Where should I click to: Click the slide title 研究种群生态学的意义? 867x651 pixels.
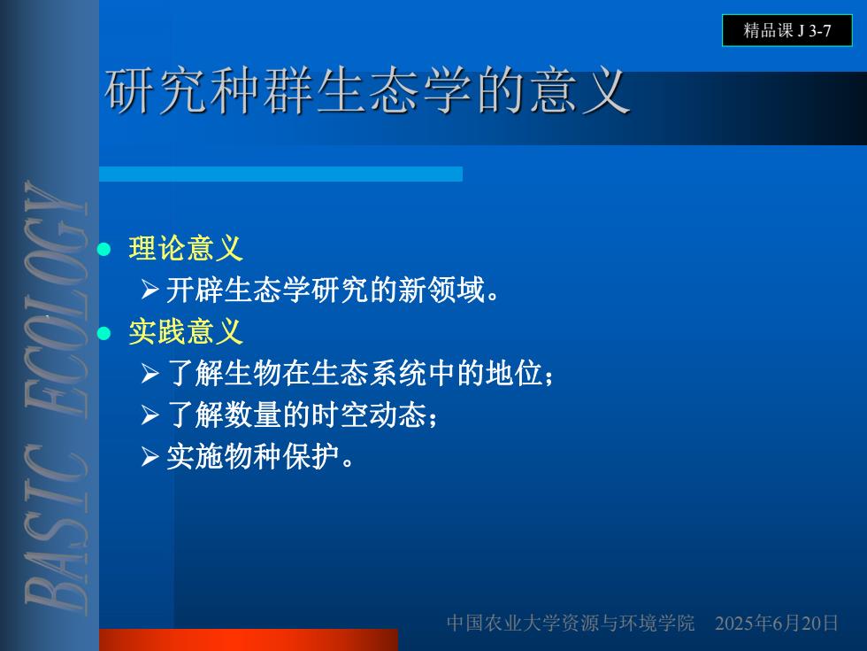coord(367,90)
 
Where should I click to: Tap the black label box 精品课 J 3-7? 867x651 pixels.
coord(786,30)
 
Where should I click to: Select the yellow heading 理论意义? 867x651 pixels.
coord(186,247)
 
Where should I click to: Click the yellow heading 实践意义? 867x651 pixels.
coord(186,331)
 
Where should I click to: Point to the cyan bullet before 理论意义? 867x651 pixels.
coord(104,249)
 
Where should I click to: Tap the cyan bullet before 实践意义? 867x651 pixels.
coord(104,333)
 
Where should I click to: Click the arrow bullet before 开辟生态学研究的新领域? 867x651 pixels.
coord(150,289)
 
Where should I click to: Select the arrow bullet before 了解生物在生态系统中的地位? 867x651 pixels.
coord(150,373)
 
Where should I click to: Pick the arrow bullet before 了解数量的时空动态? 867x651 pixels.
coord(150,415)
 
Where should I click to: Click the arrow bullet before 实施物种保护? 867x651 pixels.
coord(150,457)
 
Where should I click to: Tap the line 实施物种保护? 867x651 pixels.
coord(260,457)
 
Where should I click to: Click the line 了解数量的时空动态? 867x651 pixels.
coord(302,415)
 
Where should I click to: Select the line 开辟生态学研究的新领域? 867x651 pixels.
coord(333,290)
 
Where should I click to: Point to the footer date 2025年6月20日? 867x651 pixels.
coord(777,623)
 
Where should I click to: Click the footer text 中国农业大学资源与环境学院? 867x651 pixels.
coord(570,623)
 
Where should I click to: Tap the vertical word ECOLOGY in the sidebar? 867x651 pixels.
coord(56,299)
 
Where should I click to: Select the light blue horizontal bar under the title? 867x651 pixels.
coord(281,174)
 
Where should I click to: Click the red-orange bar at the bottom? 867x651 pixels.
coord(249,639)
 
